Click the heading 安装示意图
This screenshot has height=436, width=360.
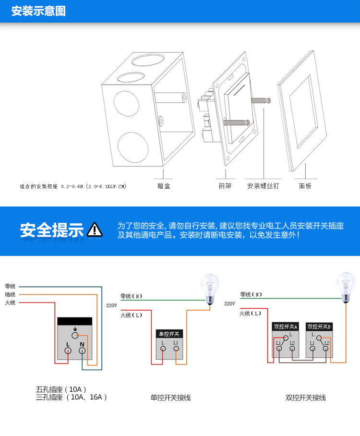38,11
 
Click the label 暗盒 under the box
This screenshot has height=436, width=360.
164,185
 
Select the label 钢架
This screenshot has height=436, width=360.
225,185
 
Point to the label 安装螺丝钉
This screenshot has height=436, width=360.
263,185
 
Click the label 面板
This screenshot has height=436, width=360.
305,185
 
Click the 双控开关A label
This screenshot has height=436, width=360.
286,327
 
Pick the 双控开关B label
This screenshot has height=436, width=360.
319,327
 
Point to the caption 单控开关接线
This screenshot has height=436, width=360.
170,398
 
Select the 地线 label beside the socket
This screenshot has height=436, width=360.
10,294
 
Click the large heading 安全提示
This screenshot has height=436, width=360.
51,230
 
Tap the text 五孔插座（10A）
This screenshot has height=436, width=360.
61,389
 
